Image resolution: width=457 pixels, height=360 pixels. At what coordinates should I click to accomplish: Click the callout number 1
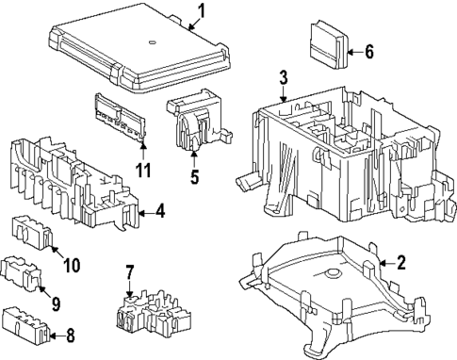click(202, 11)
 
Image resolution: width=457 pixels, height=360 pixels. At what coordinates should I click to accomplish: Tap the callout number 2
click(401, 263)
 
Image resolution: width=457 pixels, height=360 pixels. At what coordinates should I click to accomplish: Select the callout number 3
click(284, 77)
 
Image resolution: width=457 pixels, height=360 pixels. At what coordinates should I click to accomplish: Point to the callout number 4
click(160, 212)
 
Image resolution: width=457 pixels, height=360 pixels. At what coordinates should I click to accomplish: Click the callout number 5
click(195, 176)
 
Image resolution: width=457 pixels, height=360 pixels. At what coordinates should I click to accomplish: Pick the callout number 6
click(369, 52)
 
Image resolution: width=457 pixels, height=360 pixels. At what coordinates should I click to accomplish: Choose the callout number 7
click(130, 272)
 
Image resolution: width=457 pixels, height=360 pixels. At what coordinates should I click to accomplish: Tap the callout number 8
click(71, 335)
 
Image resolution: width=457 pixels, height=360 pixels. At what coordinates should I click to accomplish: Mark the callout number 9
click(56, 303)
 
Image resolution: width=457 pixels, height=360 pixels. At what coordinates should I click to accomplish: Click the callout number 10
click(72, 265)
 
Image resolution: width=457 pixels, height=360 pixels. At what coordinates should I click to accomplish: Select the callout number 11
click(143, 170)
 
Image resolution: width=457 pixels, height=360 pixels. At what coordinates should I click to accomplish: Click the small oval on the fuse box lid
click(153, 41)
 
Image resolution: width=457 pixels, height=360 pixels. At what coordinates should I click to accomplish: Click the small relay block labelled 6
click(328, 44)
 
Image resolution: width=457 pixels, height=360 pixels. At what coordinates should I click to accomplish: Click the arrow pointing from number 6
click(355, 52)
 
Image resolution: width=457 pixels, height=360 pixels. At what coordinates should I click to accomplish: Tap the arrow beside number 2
click(387, 263)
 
